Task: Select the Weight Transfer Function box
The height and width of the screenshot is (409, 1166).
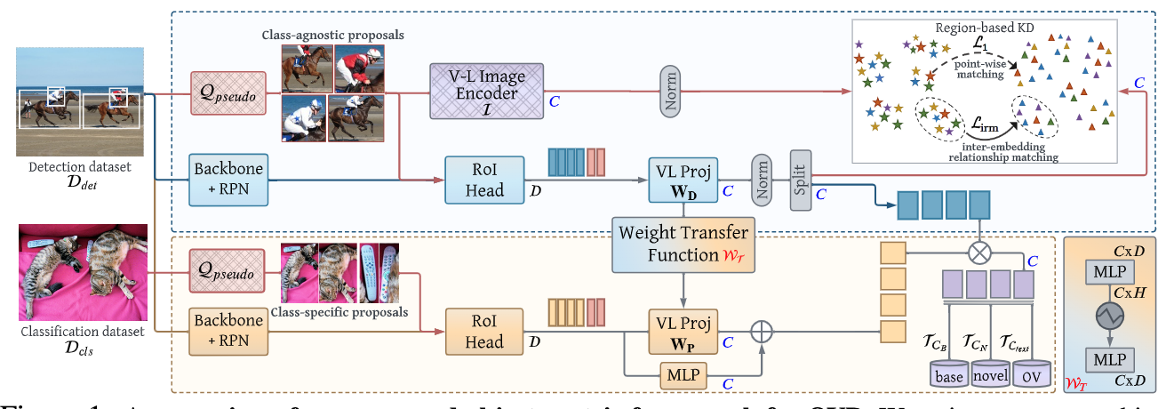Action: (x=682, y=244)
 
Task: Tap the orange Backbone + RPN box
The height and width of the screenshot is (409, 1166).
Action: (x=228, y=332)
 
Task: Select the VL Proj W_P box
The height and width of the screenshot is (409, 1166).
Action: (x=683, y=331)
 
